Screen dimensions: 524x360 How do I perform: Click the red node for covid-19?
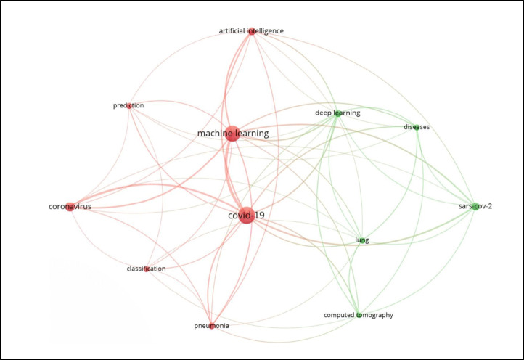click(x=246, y=215)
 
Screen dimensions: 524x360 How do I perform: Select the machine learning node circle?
click(x=232, y=133)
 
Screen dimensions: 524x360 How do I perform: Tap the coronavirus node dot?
click(x=70, y=207)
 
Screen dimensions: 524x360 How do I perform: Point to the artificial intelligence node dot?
click(x=251, y=31)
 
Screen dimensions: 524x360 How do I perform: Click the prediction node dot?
click(x=129, y=106)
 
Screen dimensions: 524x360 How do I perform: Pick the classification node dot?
click(x=147, y=269)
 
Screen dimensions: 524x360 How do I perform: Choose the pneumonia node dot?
click(x=212, y=326)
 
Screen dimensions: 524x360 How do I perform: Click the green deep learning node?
click(x=337, y=113)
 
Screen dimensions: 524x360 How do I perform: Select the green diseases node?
click(x=417, y=127)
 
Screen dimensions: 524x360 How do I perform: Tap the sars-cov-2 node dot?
click(x=475, y=207)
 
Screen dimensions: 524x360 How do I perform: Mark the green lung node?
click(x=361, y=240)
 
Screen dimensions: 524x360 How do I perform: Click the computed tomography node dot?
click(x=359, y=315)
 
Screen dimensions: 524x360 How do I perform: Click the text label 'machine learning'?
click(x=233, y=134)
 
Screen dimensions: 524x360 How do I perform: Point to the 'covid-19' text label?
click(x=245, y=216)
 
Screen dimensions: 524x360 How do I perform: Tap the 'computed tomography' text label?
click(x=359, y=315)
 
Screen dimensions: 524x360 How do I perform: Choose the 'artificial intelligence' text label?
click(x=251, y=31)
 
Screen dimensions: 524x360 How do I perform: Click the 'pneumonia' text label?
click(x=212, y=327)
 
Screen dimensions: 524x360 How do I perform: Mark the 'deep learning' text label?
click(x=337, y=113)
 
